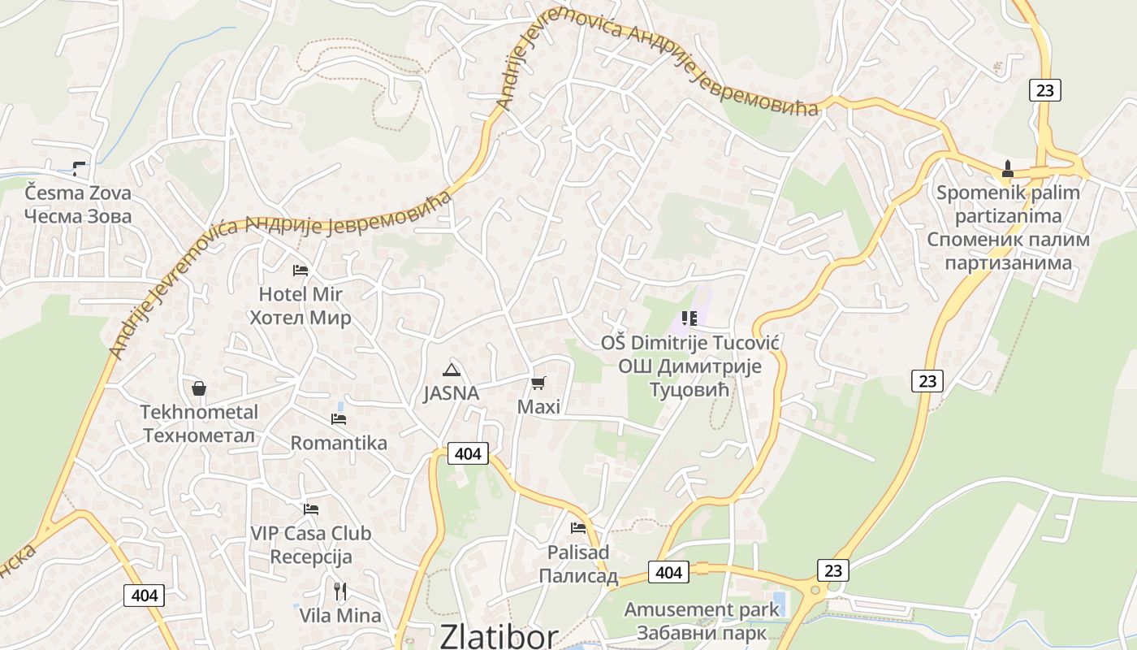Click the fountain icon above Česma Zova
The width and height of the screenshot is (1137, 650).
[x=79, y=168]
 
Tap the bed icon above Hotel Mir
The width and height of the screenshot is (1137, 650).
[x=300, y=270]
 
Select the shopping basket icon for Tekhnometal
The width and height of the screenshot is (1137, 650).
[x=199, y=388]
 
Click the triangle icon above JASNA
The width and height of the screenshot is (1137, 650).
[x=451, y=370]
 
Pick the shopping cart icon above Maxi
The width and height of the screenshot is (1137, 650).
[x=538, y=382]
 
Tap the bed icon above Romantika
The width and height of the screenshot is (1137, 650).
[x=339, y=419]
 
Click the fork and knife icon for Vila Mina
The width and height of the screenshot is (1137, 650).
[x=340, y=591]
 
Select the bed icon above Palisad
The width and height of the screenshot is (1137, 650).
[x=578, y=528]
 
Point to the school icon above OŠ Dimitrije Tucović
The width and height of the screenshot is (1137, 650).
[x=690, y=318]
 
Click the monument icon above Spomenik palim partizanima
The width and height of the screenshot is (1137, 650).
[x=1008, y=169]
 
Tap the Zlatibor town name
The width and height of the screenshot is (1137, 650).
[x=499, y=636]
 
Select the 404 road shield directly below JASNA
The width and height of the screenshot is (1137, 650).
[x=468, y=453]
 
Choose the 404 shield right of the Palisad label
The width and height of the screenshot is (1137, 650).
[x=668, y=572]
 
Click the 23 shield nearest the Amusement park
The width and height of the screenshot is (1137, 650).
[x=832, y=570]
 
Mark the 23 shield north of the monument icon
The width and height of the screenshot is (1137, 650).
[x=1045, y=90]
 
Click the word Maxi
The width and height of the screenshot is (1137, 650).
[x=538, y=406]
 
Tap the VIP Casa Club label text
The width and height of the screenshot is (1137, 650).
[x=310, y=534]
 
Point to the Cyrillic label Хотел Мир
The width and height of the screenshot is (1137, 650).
[x=300, y=318]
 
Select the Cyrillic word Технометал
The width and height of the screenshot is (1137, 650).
[x=199, y=435]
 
